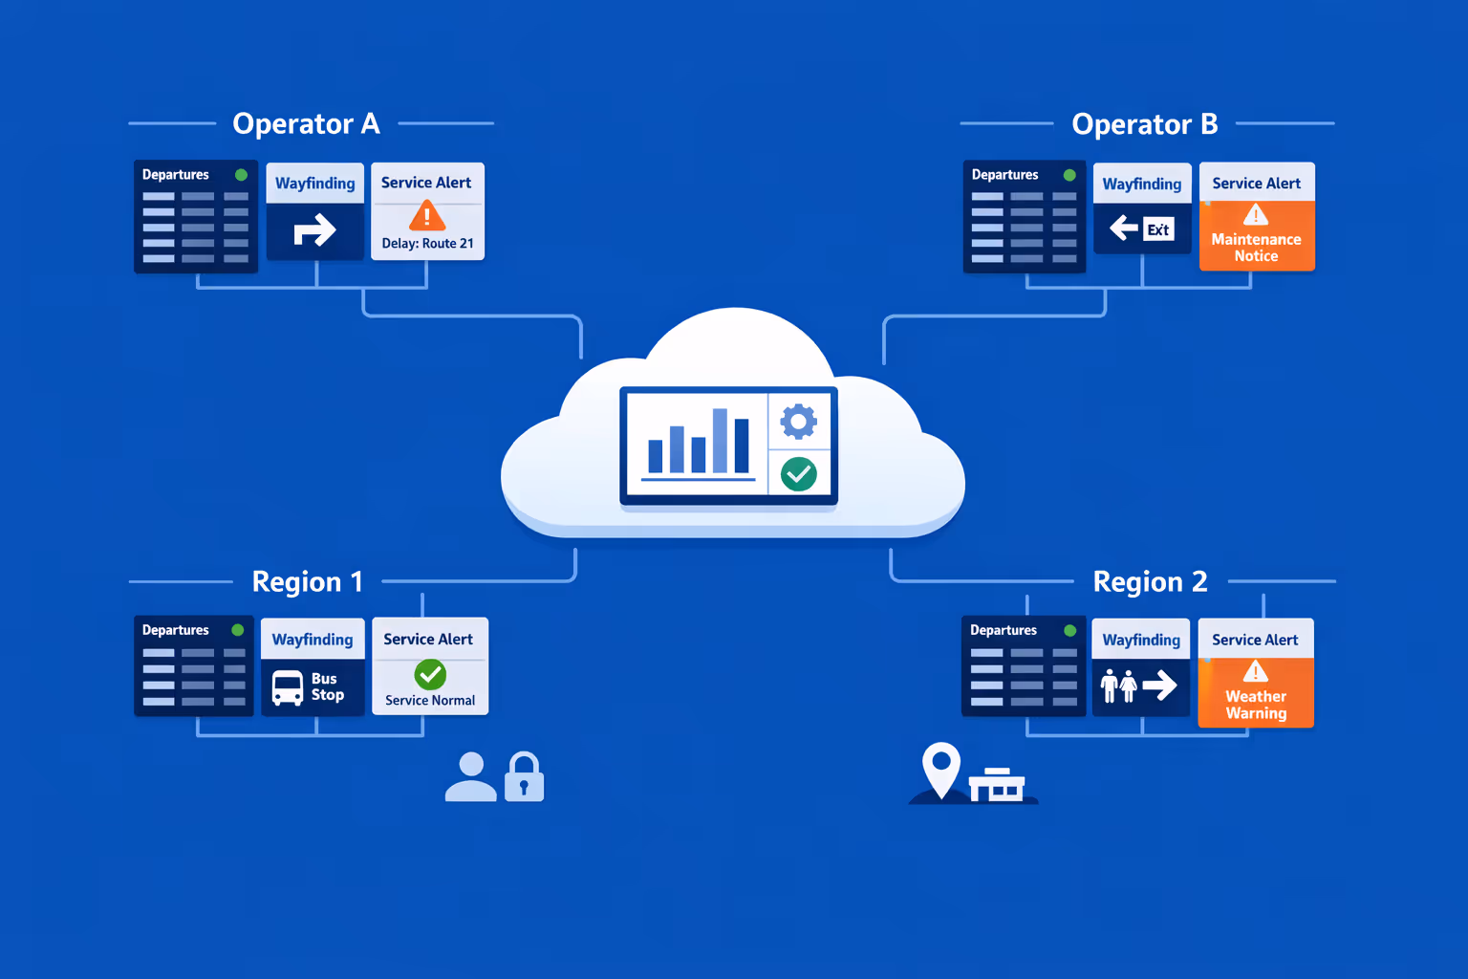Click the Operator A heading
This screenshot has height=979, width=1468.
coord(306,124)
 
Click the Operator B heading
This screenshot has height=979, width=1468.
coord(1144,124)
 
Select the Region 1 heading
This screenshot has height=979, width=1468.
coord(307,581)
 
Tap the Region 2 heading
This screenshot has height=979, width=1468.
coord(1150,581)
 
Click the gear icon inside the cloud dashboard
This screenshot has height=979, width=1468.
coord(798,421)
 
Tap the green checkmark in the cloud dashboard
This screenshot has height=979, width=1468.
coord(798,473)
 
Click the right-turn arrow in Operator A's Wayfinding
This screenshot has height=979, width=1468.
coord(314,230)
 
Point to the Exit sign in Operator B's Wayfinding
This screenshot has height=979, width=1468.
coord(1157,229)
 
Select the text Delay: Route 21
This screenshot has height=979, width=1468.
coord(427,244)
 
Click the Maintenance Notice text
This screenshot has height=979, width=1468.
coord(1256,248)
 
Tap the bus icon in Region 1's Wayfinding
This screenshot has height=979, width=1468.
coord(288,687)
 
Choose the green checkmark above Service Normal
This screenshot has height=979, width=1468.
coord(430,675)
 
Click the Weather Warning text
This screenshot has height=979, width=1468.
coord(1256,705)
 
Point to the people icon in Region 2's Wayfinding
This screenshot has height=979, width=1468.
coord(1118,685)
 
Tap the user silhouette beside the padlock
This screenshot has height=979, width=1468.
coord(471,776)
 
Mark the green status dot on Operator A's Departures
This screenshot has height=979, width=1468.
coord(241,175)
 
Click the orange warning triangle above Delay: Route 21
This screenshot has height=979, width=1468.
coord(426,217)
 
